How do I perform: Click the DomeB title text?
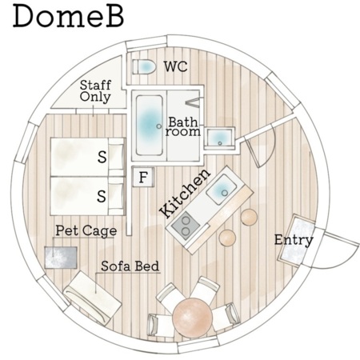point(68,16)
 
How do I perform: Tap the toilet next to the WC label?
point(144,66)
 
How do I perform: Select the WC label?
point(175,66)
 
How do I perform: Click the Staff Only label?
point(95,91)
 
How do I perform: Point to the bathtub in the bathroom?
point(149,126)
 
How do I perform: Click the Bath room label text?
point(183,126)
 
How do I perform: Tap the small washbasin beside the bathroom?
point(219,138)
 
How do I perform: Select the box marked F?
point(143,177)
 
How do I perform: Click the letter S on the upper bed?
point(102,157)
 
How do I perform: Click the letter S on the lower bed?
point(102,197)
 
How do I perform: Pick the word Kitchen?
point(185,193)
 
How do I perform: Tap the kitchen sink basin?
point(222,190)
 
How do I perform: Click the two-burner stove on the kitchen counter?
point(186,226)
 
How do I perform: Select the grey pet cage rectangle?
point(61,258)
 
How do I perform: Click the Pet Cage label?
point(86,231)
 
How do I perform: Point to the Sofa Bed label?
point(130,266)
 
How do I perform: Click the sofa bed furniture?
point(92,298)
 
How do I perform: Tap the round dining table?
point(192,318)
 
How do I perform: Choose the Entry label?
point(294,240)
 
